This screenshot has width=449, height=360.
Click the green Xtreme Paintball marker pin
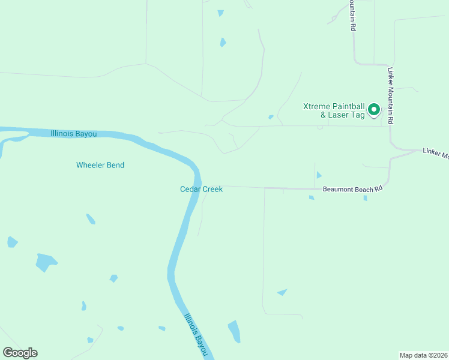coord(373,109)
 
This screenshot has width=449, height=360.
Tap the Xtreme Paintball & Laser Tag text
coord(333,110)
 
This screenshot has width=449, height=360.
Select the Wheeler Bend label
coord(100,165)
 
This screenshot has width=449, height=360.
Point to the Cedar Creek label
coord(201,189)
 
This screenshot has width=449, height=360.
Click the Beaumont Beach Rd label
coord(352,189)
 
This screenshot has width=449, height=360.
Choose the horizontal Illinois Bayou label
coord(74,134)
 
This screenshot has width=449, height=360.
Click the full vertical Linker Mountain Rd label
coord(390,95)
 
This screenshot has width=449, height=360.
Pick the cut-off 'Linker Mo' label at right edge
coord(435,154)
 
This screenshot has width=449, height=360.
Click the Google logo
coord(20,352)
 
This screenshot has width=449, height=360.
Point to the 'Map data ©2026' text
coord(423,355)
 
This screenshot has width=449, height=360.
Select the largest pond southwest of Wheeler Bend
coord(46,262)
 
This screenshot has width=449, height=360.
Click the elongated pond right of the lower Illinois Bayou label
coord(234,331)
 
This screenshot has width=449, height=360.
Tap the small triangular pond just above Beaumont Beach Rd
coord(319,175)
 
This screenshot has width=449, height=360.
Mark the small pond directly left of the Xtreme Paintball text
coord(271,116)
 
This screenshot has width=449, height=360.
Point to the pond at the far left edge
coord(11,242)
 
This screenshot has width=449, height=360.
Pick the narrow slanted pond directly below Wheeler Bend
coord(90,218)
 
